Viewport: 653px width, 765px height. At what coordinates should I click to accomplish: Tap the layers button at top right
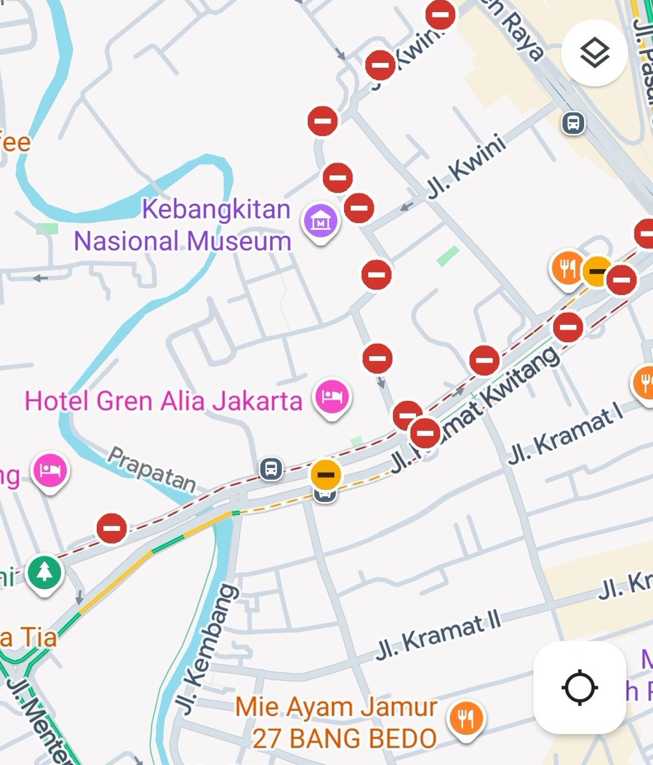(x=594, y=53)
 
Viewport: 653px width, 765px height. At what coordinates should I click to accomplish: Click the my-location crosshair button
(x=579, y=687)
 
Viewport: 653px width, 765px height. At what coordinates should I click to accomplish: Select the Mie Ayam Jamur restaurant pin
(x=466, y=718)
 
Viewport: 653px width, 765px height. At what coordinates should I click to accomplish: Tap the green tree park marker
(x=44, y=572)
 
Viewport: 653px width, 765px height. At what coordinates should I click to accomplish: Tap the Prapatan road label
(x=151, y=469)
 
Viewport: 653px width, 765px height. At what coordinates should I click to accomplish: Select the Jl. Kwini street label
(x=466, y=167)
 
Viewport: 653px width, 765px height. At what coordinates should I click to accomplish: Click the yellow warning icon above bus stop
(x=326, y=474)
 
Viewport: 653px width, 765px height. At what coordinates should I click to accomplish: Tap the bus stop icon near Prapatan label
(x=271, y=469)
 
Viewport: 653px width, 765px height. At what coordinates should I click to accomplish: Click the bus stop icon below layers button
(x=573, y=122)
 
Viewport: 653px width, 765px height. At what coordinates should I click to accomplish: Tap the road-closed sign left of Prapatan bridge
(x=112, y=528)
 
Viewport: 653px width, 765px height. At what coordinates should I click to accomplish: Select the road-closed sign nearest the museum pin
(x=359, y=208)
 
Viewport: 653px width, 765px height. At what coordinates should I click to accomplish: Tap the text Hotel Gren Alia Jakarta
(x=163, y=401)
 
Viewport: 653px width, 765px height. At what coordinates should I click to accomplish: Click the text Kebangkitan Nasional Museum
(x=183, y=225)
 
